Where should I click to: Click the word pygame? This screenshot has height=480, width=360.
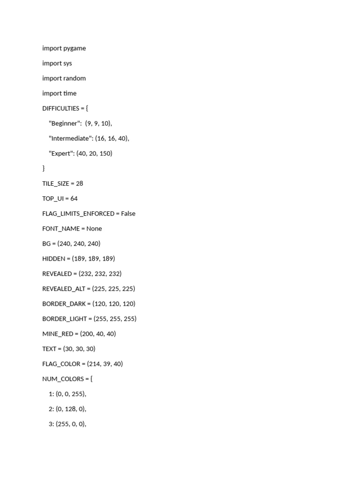[75, 48]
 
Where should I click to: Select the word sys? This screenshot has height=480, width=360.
[67, 63]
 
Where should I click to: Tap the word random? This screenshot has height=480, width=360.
[75, 78]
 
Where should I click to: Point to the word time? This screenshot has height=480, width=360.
[70, 93]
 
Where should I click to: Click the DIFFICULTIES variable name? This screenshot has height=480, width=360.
[60, 108]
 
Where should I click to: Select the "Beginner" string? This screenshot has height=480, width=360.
[65, 123]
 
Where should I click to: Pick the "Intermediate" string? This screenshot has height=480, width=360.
[70, 138]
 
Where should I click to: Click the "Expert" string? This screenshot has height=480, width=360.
[61, 153]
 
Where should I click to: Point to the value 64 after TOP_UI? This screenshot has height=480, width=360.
[74, 198]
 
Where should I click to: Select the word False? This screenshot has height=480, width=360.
[128, 213]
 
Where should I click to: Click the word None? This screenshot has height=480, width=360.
[94, 228]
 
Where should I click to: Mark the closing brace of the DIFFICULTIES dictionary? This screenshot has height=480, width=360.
[44, 168]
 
